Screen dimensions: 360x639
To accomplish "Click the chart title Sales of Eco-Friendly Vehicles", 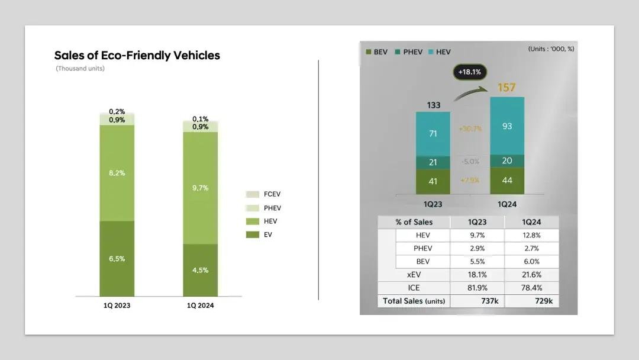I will tap(137, 56).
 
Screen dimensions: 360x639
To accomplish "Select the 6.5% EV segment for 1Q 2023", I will tap(117, 259).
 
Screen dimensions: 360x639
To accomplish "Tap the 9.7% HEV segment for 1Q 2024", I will tap(201, 188).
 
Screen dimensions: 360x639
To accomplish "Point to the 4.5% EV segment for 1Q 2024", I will tap(201, 271).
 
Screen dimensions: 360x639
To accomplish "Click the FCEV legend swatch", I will tap(253, 194).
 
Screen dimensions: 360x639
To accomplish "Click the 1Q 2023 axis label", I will tap(117, 306).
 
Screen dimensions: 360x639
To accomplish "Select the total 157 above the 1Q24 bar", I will tap(506, 88).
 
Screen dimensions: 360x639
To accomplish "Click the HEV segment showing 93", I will tap(507, 126).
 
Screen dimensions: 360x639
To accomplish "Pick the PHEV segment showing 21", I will tap(433, 162).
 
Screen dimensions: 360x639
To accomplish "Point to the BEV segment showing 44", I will tap(507, 180).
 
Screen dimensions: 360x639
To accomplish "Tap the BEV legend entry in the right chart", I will tap(377, 52).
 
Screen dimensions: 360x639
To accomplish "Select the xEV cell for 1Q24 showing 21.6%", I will tap(531, 275).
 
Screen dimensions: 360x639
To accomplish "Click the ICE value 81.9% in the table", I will tap(477, 288).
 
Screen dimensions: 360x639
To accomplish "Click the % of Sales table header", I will tap(414, 222).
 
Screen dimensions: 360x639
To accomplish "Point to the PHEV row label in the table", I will tap(422, 248).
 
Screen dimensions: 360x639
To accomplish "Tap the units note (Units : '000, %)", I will tap(551, 49).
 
